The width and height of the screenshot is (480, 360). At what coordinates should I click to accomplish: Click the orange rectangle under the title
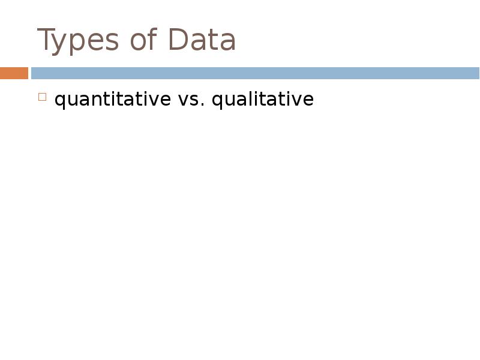tap(14, 73)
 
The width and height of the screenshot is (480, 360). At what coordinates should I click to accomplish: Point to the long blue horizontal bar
tap(255, 73)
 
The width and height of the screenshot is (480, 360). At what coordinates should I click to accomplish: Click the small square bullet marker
tap(42, 97)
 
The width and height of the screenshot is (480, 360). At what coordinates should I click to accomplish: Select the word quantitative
tap(112, 100)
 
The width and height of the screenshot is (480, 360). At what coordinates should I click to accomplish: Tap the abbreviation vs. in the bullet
tap(191, 100)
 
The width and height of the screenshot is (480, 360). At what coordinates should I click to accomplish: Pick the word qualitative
tap(262, 100)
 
